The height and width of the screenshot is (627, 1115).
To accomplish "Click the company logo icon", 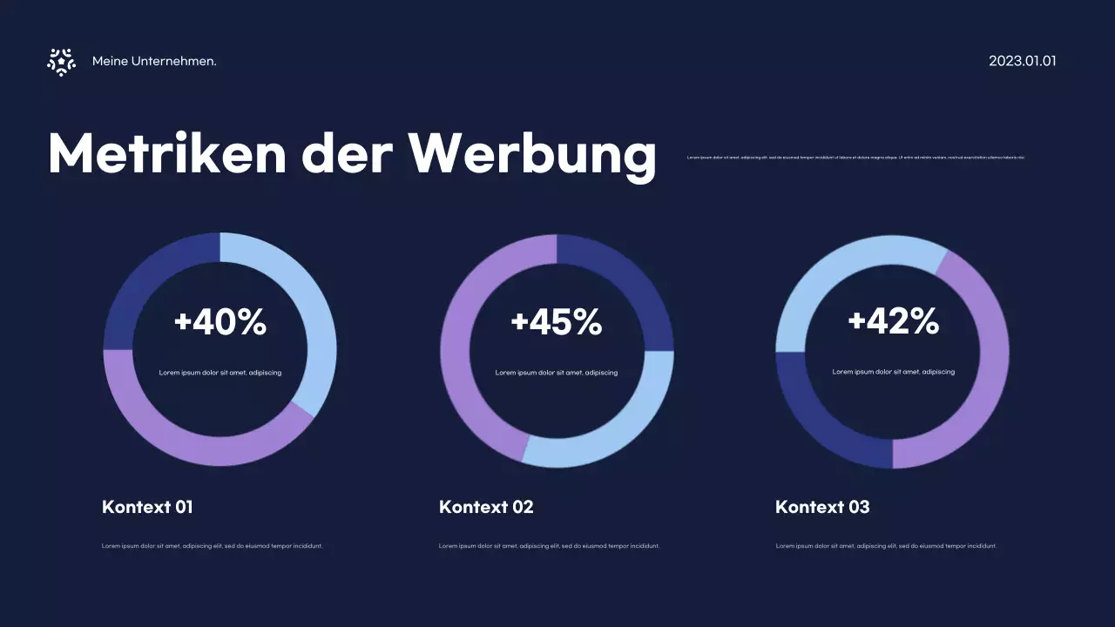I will point(61,62).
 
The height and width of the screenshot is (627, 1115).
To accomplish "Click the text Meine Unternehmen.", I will point(154,62).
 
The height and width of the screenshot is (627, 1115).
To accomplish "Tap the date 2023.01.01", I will point(1022,61).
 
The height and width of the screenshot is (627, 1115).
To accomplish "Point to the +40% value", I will point(220,322).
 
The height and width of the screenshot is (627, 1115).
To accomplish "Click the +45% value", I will point(557,322).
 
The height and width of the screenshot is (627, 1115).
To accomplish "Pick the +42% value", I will point(893,322).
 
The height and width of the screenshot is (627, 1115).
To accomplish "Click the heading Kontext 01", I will point(147,507).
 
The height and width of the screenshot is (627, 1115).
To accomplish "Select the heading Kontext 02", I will point(486,507).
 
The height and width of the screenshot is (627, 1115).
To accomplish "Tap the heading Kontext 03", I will point(822,507).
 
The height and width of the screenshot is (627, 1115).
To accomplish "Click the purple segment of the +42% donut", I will point(984,374).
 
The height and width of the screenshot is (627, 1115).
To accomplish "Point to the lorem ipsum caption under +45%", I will point(557,373).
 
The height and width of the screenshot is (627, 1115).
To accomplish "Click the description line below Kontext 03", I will point(886,546).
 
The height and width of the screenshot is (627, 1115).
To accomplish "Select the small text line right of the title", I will point(855,158).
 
